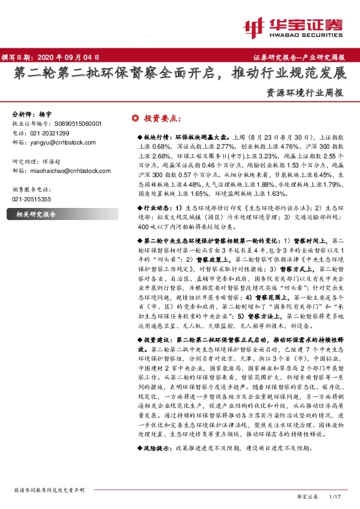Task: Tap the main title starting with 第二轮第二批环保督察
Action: pos(180,74)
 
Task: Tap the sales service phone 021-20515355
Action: pos(33,199)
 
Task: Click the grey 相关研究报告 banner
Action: pos(36,214)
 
